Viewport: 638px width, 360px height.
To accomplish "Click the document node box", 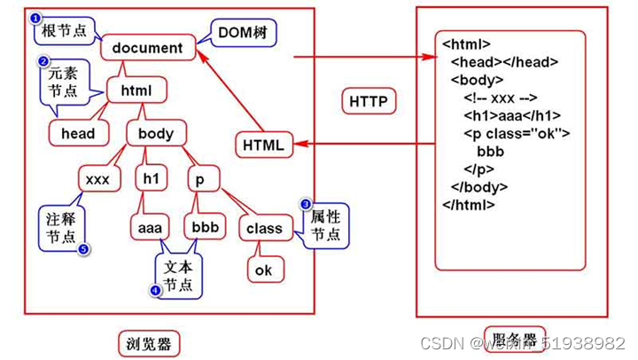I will point(147,47).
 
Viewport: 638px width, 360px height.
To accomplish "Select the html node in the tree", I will point(136,90).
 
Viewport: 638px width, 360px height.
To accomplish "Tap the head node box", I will point(77,134).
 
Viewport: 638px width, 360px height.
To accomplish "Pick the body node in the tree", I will point(156,134).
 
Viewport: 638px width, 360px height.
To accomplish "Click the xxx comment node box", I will point(97,179).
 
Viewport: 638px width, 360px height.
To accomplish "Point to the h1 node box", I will point(151,179).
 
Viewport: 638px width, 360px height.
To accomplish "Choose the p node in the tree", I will point(200,179).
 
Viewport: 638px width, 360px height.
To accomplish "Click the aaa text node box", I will point(147,228).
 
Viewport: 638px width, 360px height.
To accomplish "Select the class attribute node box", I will point(264,228).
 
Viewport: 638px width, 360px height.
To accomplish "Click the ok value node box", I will point(263,270).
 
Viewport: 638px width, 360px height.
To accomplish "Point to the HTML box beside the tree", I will point(263,145).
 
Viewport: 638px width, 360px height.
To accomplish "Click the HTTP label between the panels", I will point(368,102).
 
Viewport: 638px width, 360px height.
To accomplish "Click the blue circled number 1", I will point(35,17).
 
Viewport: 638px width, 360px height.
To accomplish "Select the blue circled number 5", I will point(84,249).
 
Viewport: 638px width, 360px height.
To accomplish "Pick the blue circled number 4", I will point(156,289).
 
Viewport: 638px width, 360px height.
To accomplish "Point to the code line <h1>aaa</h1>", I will point(511,115).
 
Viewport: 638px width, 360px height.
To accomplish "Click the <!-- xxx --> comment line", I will point(501,98).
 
